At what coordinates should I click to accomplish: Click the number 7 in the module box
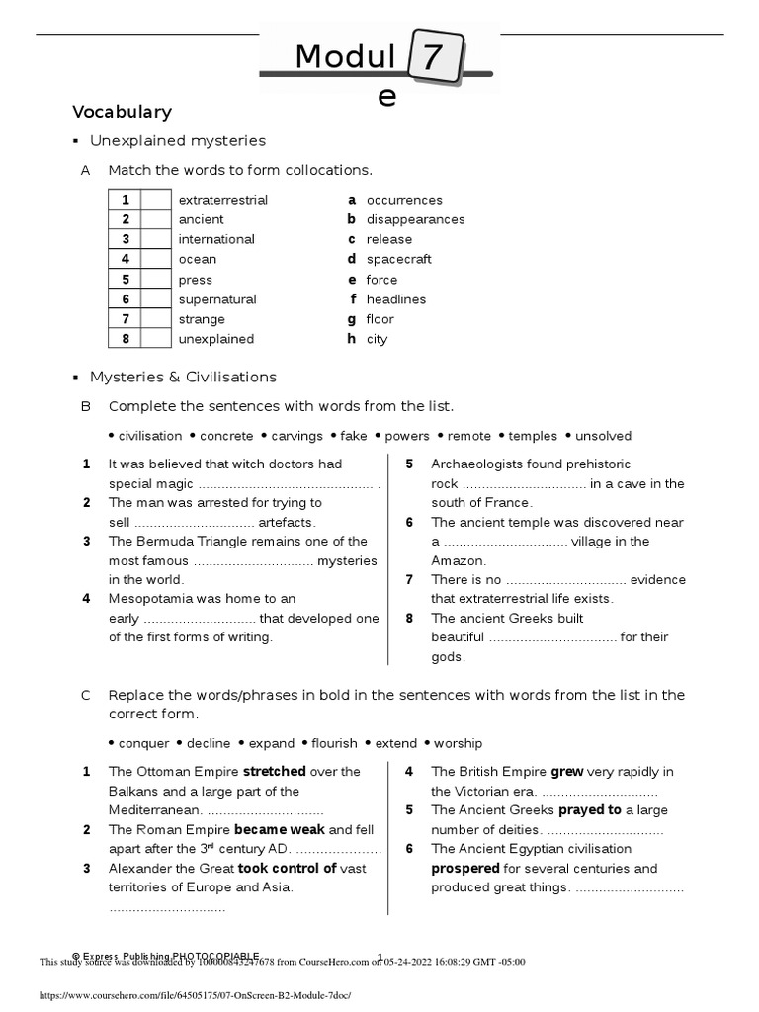[x=431, y=61]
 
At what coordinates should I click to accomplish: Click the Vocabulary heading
[x=123, y=112]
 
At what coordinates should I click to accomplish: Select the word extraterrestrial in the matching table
[x=222, y=200]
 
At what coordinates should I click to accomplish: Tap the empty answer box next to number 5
[x=156, y=280]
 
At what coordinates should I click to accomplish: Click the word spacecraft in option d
[x=399, y=259]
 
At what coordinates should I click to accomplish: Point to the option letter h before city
[x=351, y=339]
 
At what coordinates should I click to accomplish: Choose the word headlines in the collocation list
[x=396, y=299]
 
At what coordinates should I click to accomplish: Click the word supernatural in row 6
[x=217, y=299]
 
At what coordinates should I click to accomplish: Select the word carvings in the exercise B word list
[x=297, y=436]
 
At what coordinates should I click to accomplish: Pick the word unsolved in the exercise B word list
[x=603, y=436]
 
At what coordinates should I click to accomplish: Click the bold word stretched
[x=274, y=772]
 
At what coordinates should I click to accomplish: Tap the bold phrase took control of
[x=288, y=869]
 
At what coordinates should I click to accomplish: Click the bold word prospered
[x=465, y=869]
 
